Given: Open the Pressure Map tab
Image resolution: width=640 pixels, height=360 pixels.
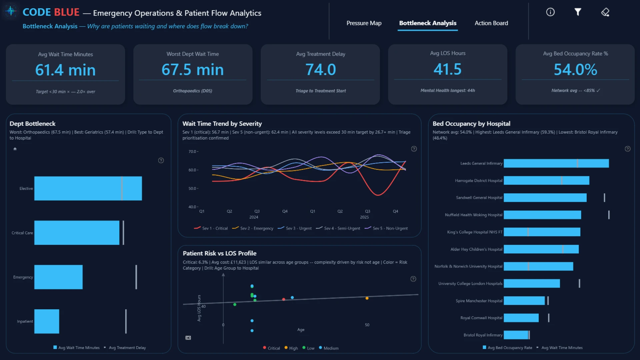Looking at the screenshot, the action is click(364, 23).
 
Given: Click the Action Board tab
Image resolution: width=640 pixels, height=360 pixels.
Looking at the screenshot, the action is click(491, 23).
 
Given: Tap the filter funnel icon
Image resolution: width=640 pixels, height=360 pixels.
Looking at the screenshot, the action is click(578, 12).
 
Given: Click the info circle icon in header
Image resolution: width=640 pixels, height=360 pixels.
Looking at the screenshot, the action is click(550, 12).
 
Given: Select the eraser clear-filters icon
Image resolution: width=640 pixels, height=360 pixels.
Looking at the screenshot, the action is click(605, 12).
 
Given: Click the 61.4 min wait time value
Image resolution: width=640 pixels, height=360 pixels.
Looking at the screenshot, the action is click(65, 70).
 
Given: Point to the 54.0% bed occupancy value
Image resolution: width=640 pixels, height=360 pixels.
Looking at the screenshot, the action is click(575, 69).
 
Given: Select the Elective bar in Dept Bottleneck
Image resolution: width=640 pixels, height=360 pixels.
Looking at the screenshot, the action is click(88, 188).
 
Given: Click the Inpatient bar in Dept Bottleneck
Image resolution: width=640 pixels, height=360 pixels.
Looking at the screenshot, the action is click(47, 321).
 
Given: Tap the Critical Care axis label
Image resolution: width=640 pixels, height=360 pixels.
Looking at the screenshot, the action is click(22, 233).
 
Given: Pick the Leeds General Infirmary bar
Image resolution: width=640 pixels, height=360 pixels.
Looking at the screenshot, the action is click(556, 163).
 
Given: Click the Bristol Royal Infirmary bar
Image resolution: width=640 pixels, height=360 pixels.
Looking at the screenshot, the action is click(516, 335).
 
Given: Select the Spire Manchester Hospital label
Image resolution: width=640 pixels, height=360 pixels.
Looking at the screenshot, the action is click(479, 301).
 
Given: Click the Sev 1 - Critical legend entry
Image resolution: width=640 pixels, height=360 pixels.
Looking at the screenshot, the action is click(211, 228).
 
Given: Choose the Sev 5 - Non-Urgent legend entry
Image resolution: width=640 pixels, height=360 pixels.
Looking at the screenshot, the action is click(386, 228).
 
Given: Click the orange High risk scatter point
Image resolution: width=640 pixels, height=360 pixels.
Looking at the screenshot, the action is click(367, 298).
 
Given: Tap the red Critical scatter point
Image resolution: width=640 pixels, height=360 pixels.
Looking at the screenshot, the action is click(284, 299).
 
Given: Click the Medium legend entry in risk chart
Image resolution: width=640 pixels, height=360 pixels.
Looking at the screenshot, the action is click(329, 348).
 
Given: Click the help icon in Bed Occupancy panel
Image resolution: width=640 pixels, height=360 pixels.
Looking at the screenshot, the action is click(628, 149).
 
